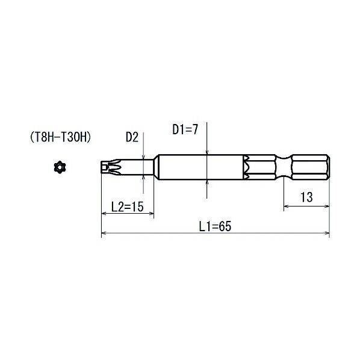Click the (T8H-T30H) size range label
tap(60, 137)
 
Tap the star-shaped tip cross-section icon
tap(60, 167)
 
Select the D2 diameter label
tap(132, 137)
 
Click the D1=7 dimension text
tap(185, 129)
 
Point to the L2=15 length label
tap(127, 206)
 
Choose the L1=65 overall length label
tap(215, 226)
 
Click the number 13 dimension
tap(306, 197)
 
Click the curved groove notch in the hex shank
tap(284, 167)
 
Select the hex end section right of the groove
tap(311, 167)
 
